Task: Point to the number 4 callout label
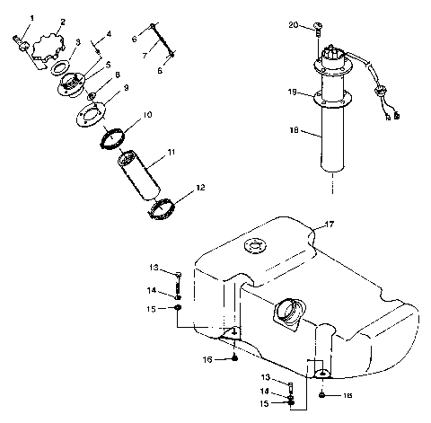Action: tap(109, 34)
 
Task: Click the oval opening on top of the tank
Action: tap(256, 243)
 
